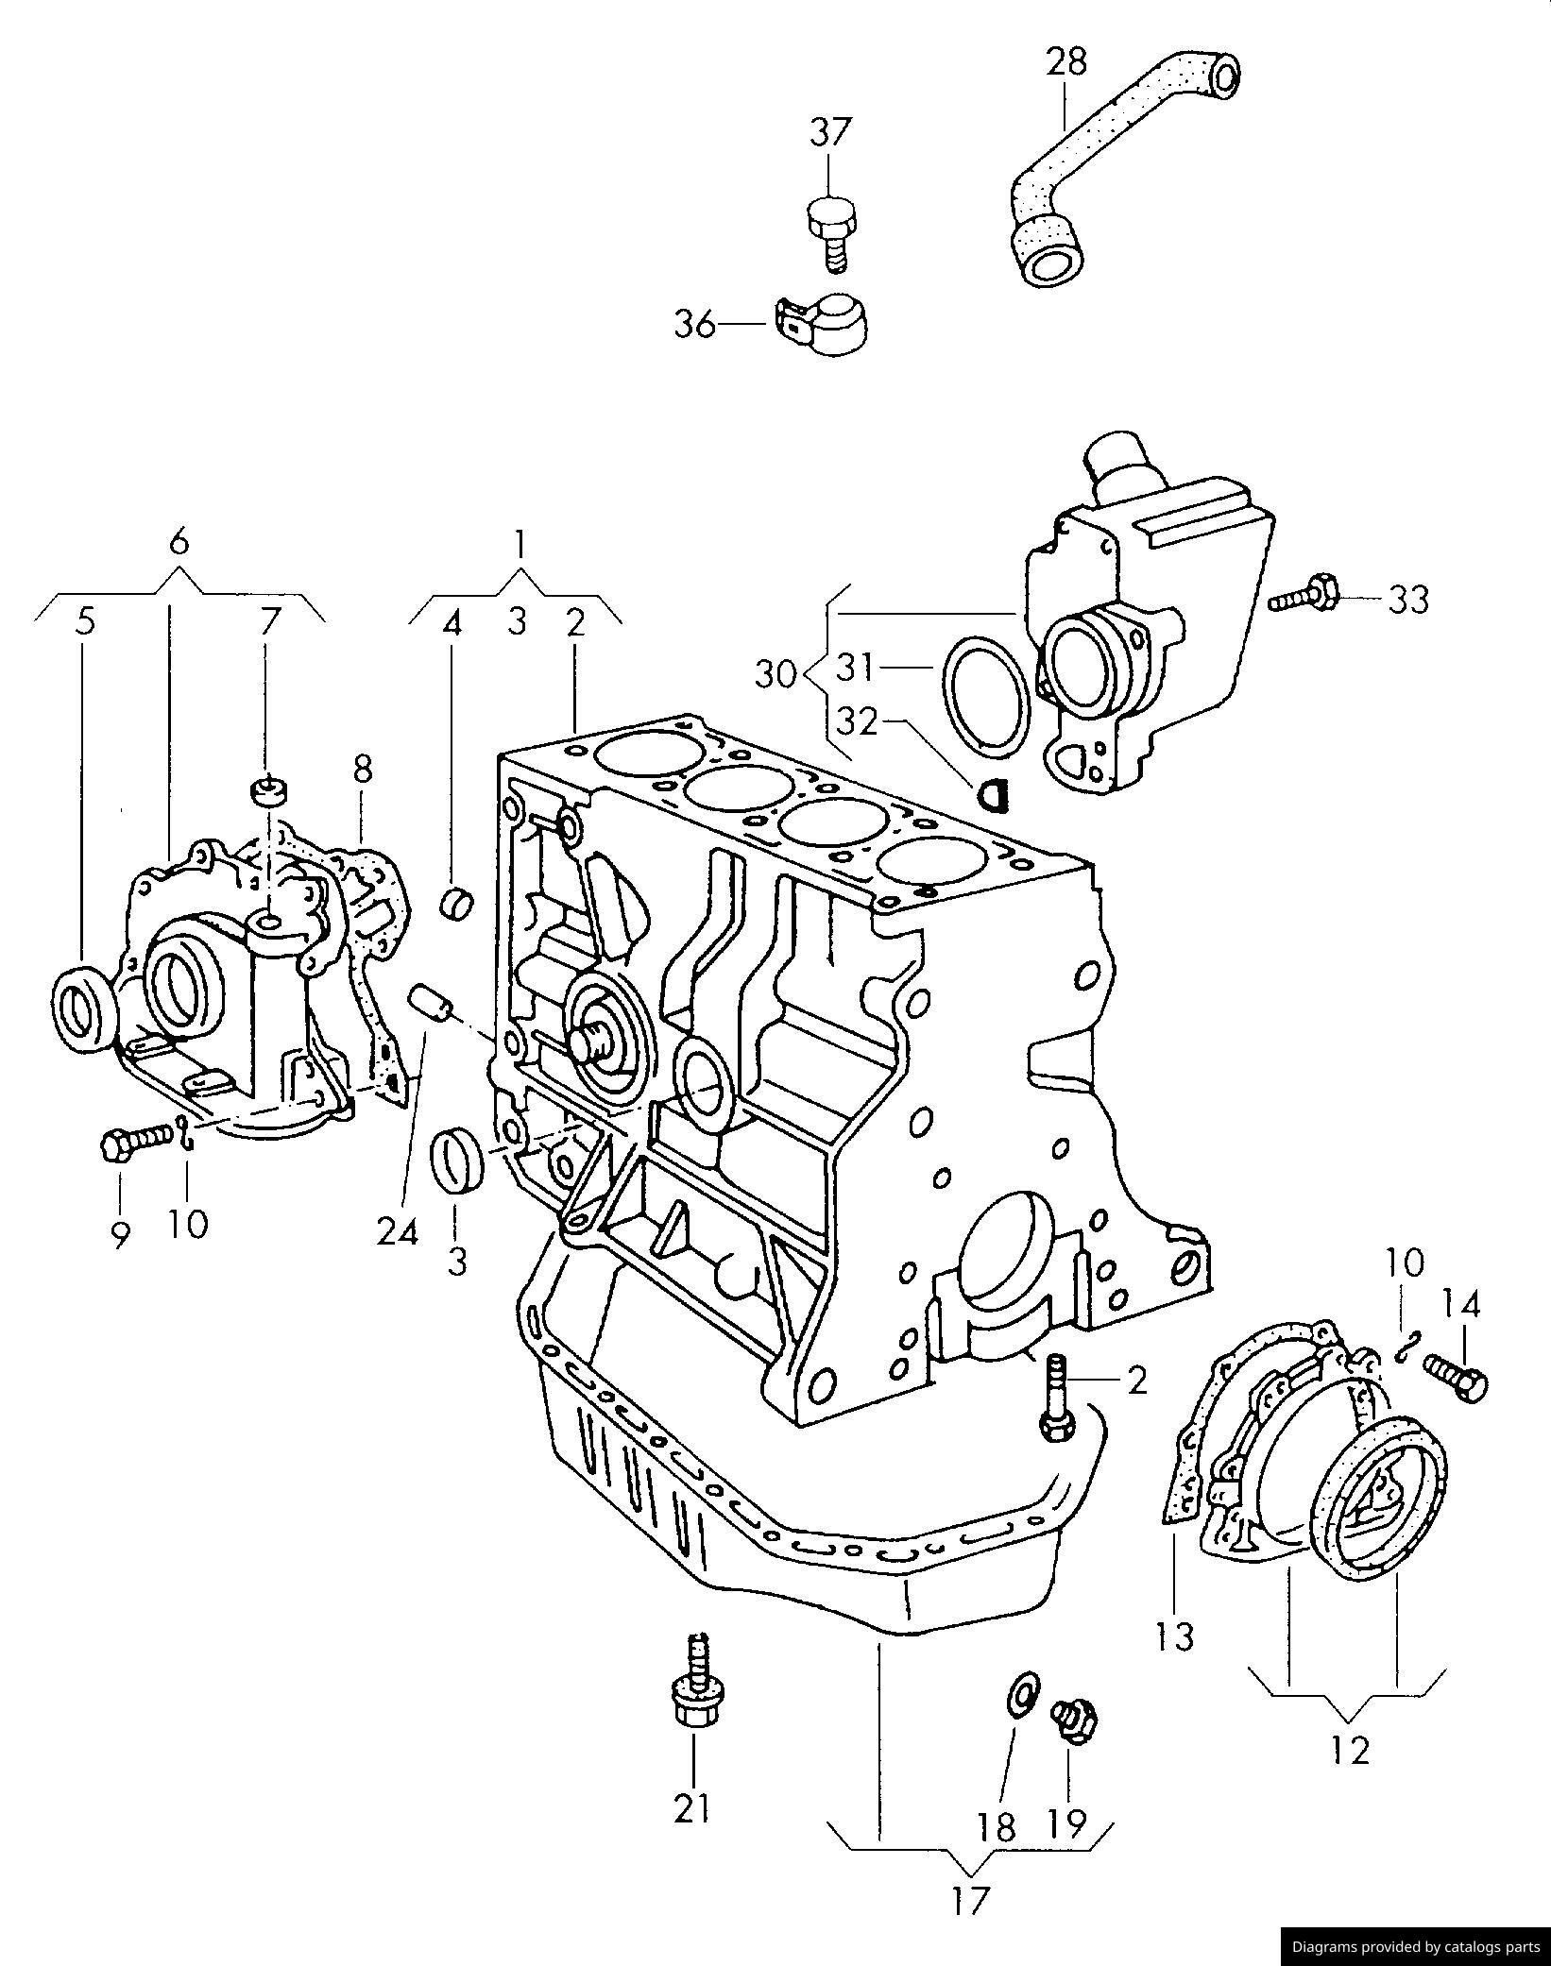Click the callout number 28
pos(1066,61)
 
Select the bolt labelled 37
pos(830,232)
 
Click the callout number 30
pos(776,675)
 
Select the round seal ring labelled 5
pos(83,1007)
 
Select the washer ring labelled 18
pos(1022,1693)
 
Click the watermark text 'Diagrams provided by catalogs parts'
pos(1415,1946)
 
